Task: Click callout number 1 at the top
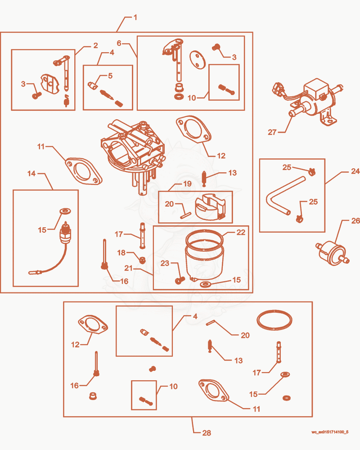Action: coord(135,18)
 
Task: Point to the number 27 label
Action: coord(272,132)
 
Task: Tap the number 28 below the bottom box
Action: coord(207,433)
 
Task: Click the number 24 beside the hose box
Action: coord(355,171)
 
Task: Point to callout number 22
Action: coord(241,232)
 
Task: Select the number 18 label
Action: coord(121,252)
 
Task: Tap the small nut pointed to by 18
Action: coord(142,260)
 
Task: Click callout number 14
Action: coord(31,173)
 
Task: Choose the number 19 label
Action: coord(187,184)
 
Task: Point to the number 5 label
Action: coord(110,76)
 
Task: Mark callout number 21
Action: coord(128,268)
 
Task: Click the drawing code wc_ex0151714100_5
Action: coord(330,432)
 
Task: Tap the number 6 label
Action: coord(119,43)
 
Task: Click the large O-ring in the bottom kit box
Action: coord(274,319)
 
